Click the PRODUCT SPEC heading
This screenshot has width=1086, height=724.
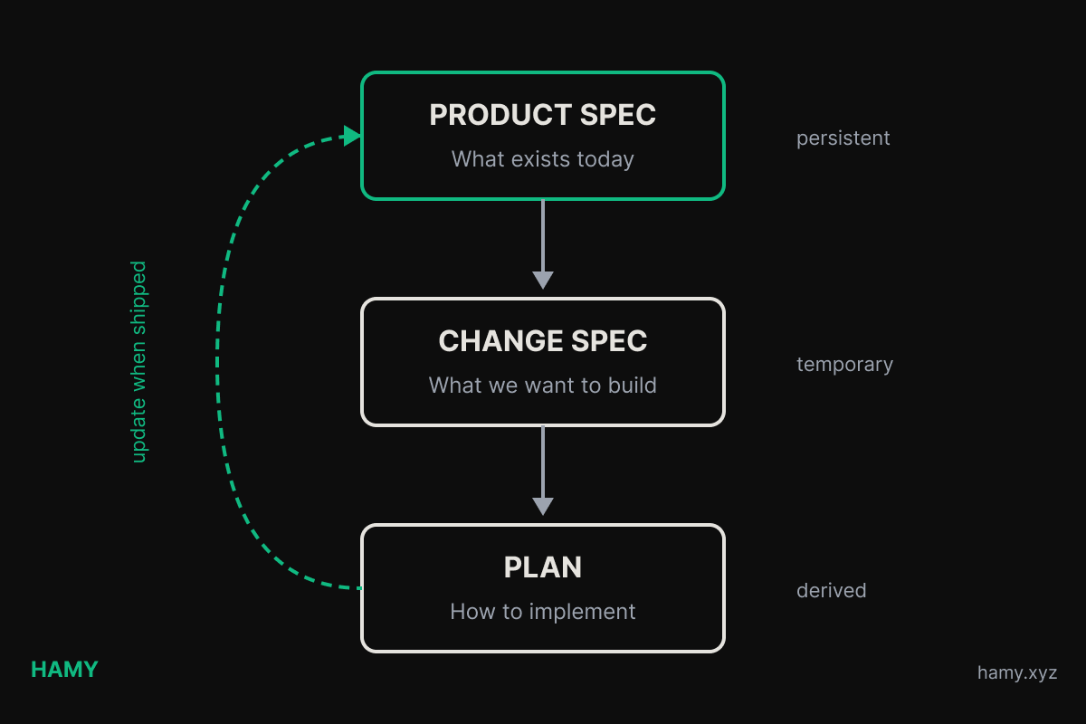point(542,116)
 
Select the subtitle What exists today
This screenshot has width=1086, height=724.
point(542,159)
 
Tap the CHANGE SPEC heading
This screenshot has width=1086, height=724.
point(542,341)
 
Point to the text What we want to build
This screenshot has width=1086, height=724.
point(542,386)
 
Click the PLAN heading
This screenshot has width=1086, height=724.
point(542,567)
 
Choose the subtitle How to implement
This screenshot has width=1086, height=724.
point(542,612)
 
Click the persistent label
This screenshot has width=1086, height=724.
point(843,138)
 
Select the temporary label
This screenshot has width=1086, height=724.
point(844,365)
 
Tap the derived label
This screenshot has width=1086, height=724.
point(831,591)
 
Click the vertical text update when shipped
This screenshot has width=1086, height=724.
point(138,362)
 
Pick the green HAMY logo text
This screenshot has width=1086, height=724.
point(64,670)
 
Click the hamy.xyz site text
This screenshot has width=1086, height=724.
point(1016,673)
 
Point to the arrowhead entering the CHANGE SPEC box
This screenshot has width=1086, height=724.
point(543,280)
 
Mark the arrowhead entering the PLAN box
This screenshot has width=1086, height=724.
point(543,506)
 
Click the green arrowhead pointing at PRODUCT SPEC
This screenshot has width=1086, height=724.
point(352,136)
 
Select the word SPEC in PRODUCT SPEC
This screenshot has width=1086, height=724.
point(620,116)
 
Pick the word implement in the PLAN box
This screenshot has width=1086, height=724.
point(582,612)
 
